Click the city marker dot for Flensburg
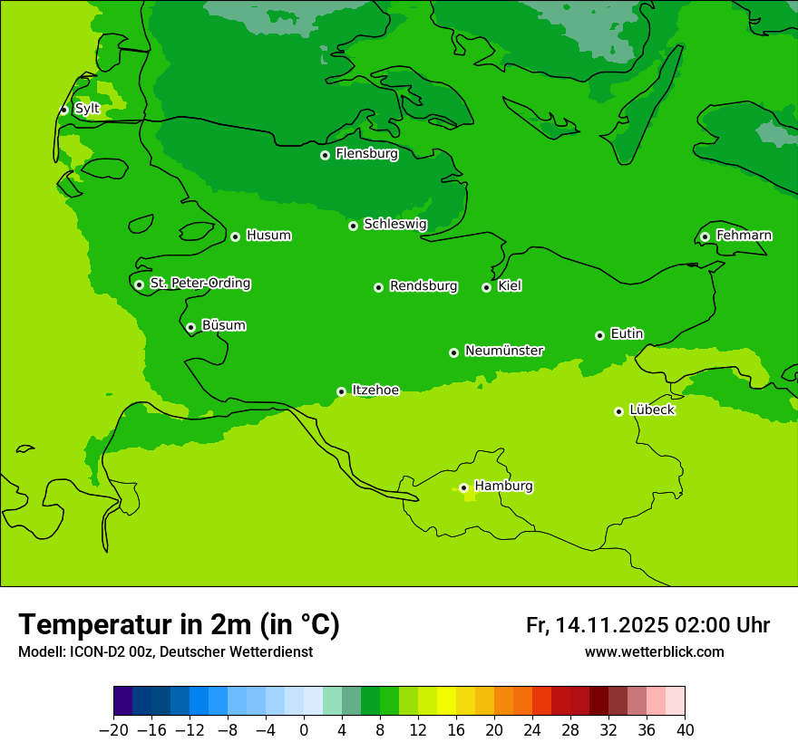[325, 155]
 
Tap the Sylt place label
[87, 109]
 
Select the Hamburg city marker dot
[463, 487]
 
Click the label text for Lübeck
[651, 410]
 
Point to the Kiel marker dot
[486, 287]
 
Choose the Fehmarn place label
[744, 236]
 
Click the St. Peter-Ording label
[199, 284]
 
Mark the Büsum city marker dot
[190, 327]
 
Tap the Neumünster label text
[504, 351]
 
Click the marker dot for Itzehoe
[341, 391]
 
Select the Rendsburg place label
[423, 286]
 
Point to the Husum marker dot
[235, 236]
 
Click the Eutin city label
[627, 334]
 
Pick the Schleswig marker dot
[353, 226]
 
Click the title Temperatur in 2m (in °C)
[179, 624]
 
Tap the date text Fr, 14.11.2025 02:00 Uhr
[647, 625]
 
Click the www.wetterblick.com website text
[654, 652]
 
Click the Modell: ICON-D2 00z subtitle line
[165, 652]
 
